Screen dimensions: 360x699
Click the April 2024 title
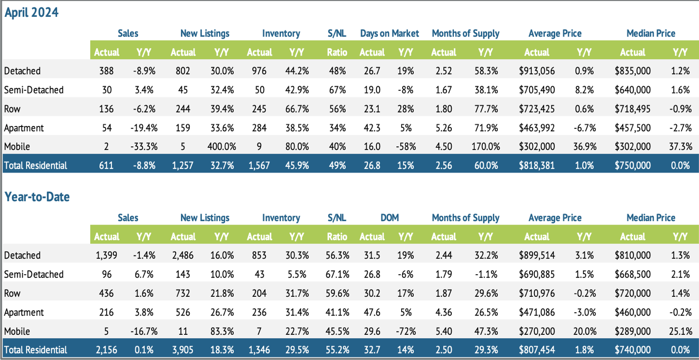click(31, 13)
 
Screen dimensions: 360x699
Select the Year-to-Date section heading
click(37, 197)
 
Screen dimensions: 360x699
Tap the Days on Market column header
click(389, 33)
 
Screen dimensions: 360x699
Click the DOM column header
click(389, 218)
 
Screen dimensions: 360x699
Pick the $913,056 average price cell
click(536, 71)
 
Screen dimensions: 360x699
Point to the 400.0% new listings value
click(222, 147)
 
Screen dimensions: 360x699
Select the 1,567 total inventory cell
click(259, 166)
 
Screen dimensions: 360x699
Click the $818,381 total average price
click(536, 166)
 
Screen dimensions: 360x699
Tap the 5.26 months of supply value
click(443, 128)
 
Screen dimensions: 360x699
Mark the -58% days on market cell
click(405, 147)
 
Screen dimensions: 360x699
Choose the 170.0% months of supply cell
click(485, 147)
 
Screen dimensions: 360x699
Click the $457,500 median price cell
click(632, 128)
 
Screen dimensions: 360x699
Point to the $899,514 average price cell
click(536, 255)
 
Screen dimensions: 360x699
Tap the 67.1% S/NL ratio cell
click(336, 274)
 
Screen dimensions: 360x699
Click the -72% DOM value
click(405, 332)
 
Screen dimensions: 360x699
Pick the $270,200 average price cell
click(536, 332)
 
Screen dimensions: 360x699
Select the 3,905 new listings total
click(182, 350)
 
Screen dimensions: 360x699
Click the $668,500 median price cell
click(632, 274)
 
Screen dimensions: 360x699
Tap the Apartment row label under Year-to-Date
click(24, 312)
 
